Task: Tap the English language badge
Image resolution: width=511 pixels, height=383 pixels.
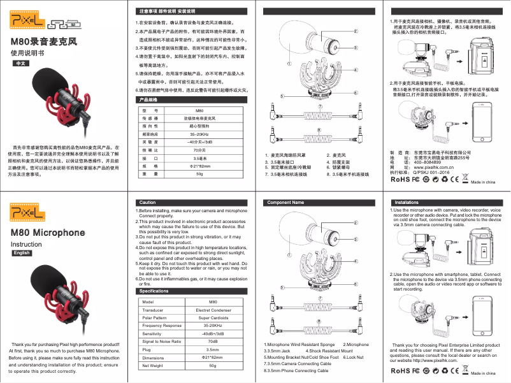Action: (22, 253)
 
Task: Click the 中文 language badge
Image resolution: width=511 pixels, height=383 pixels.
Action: (20, 64)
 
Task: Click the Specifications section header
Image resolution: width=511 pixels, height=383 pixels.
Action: (154, 291)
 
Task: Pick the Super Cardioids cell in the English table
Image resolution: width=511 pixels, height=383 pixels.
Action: (213, 317)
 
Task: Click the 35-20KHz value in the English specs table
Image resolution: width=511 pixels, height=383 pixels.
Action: (213, 326)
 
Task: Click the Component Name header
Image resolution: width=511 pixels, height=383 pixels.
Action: (285, 202)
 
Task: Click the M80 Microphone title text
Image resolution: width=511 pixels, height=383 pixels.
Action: (48, 233)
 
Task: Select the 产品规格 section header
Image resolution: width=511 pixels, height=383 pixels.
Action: (148, 100)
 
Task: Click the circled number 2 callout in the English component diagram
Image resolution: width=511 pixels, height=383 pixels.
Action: (355, 222)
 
